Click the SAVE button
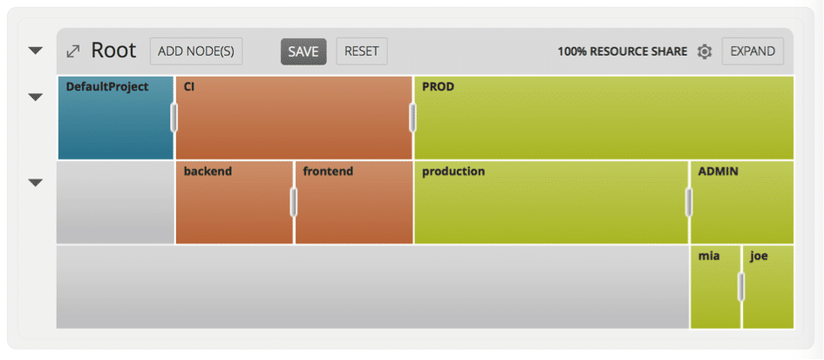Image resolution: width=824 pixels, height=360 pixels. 303,51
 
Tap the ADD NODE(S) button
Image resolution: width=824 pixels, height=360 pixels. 196,51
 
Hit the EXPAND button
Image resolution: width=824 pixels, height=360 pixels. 752,51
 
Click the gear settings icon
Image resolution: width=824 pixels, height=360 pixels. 705,51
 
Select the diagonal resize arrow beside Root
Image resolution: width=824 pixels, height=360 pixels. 72,51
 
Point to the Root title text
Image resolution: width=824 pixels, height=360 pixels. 113,51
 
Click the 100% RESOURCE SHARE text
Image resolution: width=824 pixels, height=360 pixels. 623,51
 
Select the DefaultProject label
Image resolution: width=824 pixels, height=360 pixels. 107,86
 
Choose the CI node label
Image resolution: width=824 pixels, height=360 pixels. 189,86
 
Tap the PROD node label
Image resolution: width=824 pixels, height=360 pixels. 439,86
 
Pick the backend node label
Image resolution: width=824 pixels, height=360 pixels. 208,172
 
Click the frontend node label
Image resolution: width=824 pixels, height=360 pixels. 328,172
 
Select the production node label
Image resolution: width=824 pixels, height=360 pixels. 453,172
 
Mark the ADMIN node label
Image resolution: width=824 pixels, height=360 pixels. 718,172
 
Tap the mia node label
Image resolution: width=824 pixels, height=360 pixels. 709,256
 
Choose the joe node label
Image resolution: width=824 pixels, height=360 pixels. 759,256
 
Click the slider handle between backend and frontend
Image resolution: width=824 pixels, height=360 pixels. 294,202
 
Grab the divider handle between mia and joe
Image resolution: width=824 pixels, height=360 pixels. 741,287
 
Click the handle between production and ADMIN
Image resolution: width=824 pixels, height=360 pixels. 689,202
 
